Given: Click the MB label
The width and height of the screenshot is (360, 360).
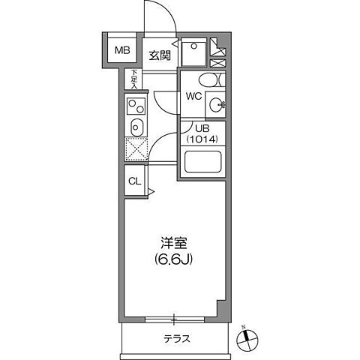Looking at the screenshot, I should pyautogui.click(x=121, y=51).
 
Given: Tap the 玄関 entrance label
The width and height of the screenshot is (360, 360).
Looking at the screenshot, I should pyautogui.click(x=159, y=55).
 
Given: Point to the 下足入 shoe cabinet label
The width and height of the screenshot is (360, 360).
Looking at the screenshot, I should pyautogui.click(x=135, y=79).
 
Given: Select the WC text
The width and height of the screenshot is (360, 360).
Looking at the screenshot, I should pyautogui.click(x=193, y=96).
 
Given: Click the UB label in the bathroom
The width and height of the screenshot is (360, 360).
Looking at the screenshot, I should pyautogui.click(x=192, y=128).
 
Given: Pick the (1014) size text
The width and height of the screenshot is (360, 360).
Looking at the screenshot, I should pyautogui.click(x=202, y=139).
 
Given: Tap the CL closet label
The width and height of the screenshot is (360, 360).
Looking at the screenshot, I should pyautogui.click(x=134, y=181).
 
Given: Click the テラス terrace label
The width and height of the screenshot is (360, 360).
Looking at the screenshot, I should pyautogui.click(x=176, y=338).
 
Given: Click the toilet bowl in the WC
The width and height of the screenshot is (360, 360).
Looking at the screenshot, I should pyautogui.click(x=208, y=80).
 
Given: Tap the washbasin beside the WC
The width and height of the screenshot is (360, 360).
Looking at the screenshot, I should pyautogui.click(x=217, y=105).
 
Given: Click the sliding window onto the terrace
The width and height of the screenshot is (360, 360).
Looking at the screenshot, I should pyautogui.click(x=174, y=316).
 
